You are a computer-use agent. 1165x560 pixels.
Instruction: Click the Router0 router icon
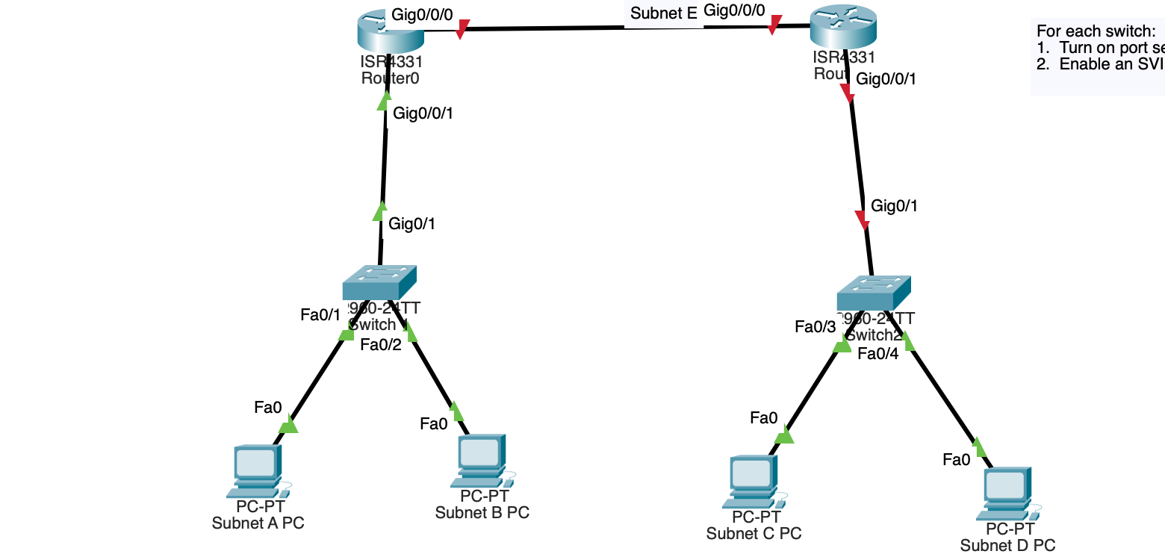point(390,29)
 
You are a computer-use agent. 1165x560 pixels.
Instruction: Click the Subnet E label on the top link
point(663,13)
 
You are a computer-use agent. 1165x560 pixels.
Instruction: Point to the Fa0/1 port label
point(320,315)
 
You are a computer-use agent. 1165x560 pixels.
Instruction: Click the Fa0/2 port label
point(381,345)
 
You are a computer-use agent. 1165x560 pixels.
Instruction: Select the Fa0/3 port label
point(815,327)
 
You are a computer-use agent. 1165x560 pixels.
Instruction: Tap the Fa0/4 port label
point(877,354)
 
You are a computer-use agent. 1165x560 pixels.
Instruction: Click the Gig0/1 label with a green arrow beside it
point(411,223)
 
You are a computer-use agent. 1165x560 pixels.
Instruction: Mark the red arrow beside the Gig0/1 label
point(863,220)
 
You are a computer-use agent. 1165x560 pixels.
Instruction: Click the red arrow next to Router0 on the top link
point(462,30)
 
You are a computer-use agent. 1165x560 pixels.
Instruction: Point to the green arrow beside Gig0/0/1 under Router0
point(385,101)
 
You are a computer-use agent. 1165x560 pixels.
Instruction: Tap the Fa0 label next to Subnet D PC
point(957,460)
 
